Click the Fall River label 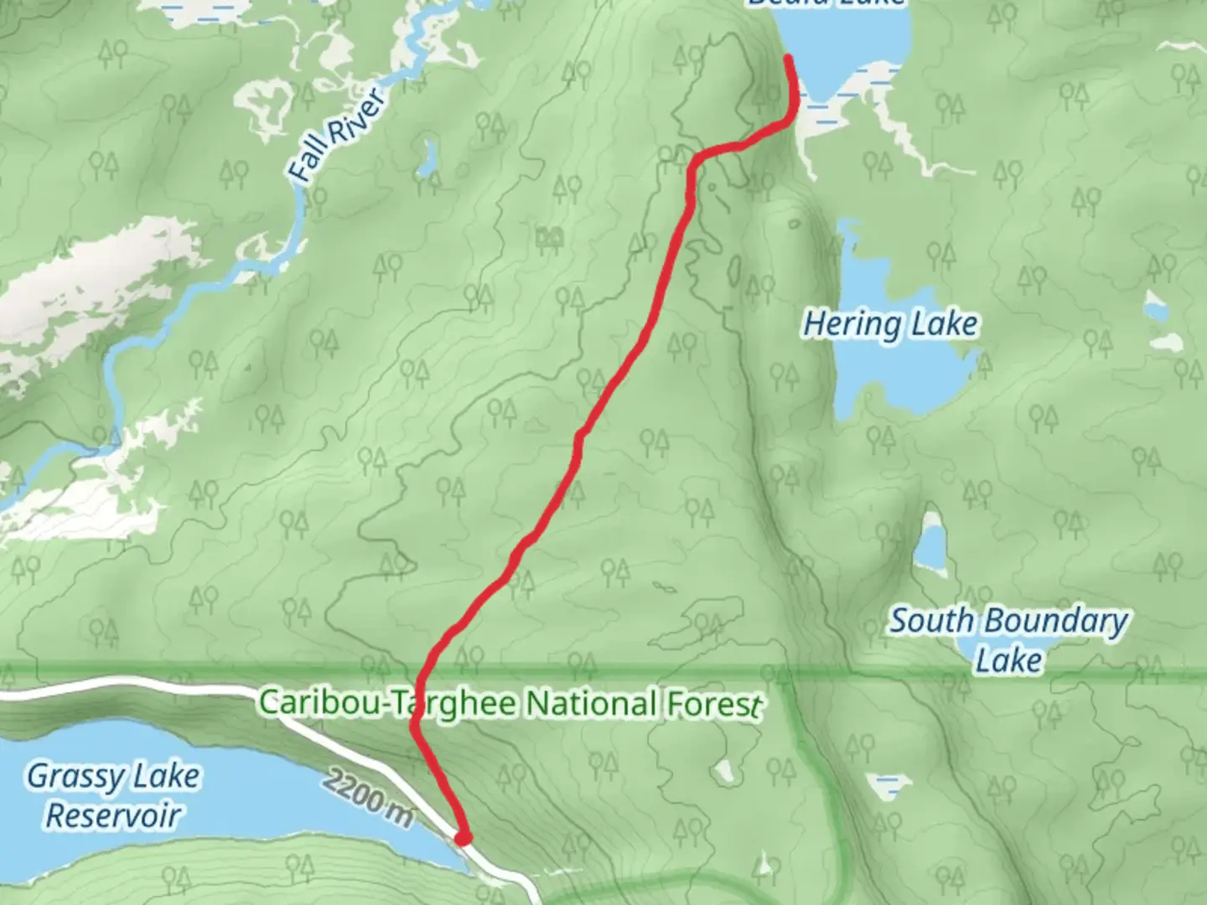pos(338,134)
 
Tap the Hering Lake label pos(890,323)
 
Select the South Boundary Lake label pos(1008,639)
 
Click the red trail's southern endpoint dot pos(462,836)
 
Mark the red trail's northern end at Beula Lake pos(789,58)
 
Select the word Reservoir pos(113,814)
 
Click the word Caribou pos(322,701)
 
